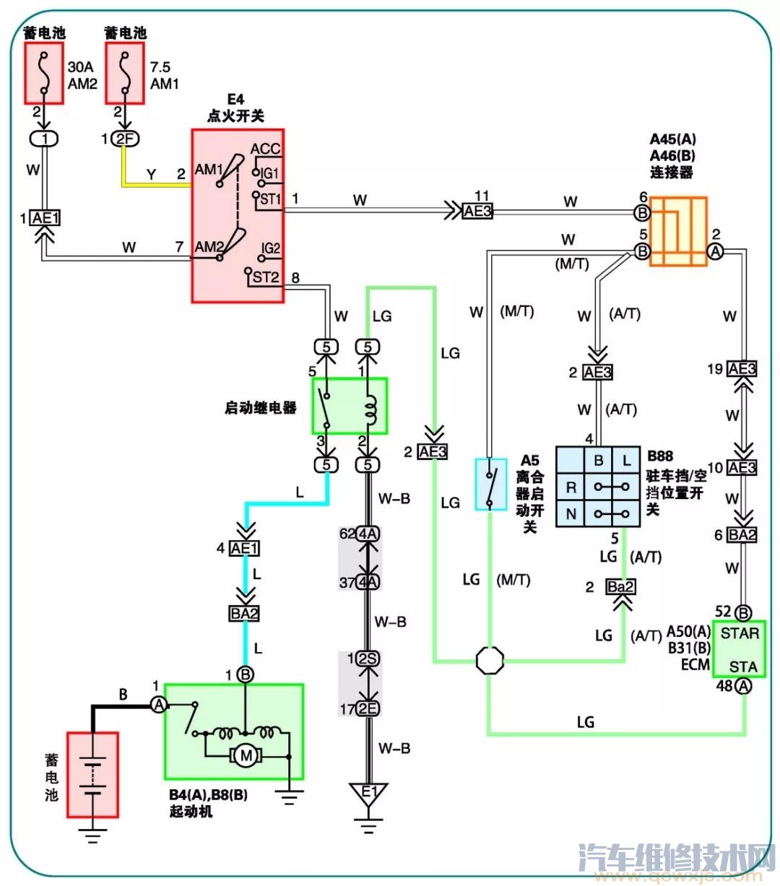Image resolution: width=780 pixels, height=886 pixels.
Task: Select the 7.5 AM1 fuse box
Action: point(125,73)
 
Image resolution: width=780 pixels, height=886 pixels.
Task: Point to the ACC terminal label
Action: point(265,149)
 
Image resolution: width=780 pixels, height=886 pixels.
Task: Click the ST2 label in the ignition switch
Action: point(265,277)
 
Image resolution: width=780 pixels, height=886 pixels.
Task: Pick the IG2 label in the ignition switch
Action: point(270,248)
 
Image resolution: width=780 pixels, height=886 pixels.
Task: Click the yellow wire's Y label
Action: point(151,174)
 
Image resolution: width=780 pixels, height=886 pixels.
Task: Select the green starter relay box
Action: point(350,406)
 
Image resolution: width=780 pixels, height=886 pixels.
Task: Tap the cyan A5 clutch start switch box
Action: point(490,484)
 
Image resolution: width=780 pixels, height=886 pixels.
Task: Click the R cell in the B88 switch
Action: point(571,487)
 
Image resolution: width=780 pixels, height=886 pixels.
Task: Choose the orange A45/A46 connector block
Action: point(678,231)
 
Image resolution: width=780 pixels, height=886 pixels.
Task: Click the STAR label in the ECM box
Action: point(740,633)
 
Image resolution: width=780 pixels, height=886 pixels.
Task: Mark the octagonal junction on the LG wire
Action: point(490,660)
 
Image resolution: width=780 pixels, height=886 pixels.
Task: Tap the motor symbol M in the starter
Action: point(246,756)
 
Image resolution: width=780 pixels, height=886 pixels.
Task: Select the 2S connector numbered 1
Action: point(368,659)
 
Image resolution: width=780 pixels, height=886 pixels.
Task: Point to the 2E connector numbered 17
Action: point(368,708)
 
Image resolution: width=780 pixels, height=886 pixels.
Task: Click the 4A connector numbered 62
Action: point(368,534)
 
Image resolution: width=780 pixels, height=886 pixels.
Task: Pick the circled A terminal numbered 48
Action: point(744,686)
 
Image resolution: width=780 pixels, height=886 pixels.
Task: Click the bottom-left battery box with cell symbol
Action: point(92,775)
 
